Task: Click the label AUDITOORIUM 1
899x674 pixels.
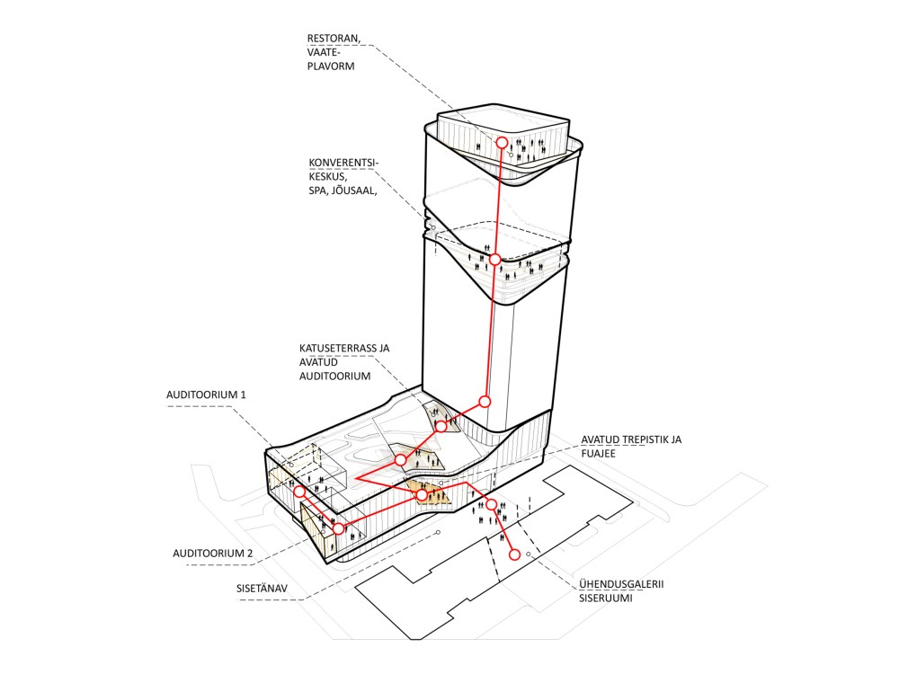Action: coord(206,395)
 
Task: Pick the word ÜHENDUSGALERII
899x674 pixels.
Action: coord(621,584)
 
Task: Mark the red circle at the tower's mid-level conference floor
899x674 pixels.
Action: coord(494,259)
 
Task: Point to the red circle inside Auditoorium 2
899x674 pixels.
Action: coord(338,529)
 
